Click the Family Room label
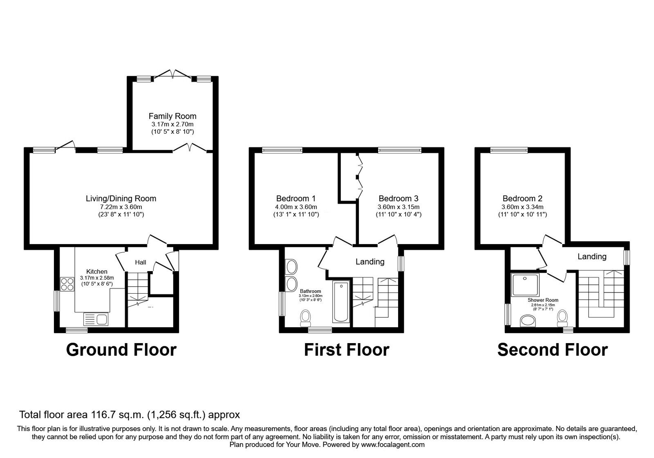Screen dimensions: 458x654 (x=172, y=116)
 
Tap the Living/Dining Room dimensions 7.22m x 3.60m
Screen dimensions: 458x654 (x=121, y=207)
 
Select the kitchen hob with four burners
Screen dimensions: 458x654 (x=67, y=284)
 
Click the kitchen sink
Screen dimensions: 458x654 (x=95, y=319)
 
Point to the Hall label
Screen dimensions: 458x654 (x=140, y=263)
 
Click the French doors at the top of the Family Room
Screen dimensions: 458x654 (x=172, y=75)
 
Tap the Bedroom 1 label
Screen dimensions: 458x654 (x=296, y=199)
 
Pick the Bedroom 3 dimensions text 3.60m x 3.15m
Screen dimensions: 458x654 (x=398, y=207)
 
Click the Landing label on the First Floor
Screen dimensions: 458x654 (x=370, y=262)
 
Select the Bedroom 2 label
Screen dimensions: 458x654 (x=522, y=199)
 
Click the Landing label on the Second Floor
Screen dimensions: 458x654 (x=591, y=256)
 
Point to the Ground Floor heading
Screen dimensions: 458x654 (x=121, y=350)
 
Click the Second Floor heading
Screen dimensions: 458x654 (x=552, y=350)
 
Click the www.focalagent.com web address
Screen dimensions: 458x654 (x=393, y=445)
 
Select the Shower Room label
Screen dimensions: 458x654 (x=542, y=300)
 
